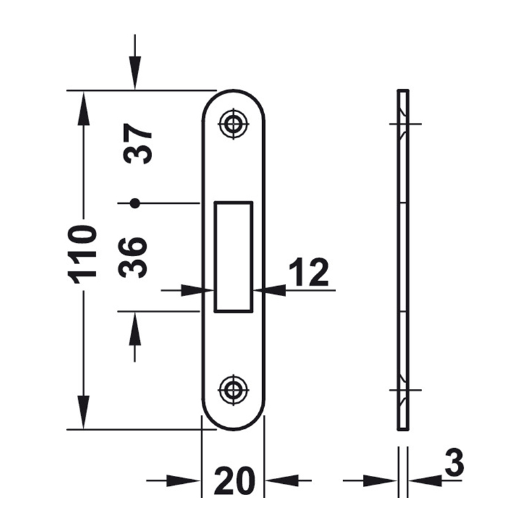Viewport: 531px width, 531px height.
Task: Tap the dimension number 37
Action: [x=137, y=143]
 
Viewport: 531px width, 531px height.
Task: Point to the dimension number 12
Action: [x=309, y=272]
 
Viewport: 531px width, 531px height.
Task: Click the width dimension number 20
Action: [x=234, y=480]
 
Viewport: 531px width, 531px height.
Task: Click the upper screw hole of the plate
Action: [x=233, y=123]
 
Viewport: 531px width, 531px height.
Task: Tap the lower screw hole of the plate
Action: [x=233, y=390]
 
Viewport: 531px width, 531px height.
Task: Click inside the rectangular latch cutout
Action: [x=234, y=256]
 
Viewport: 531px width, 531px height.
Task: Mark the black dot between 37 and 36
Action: [x=135, y=203]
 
